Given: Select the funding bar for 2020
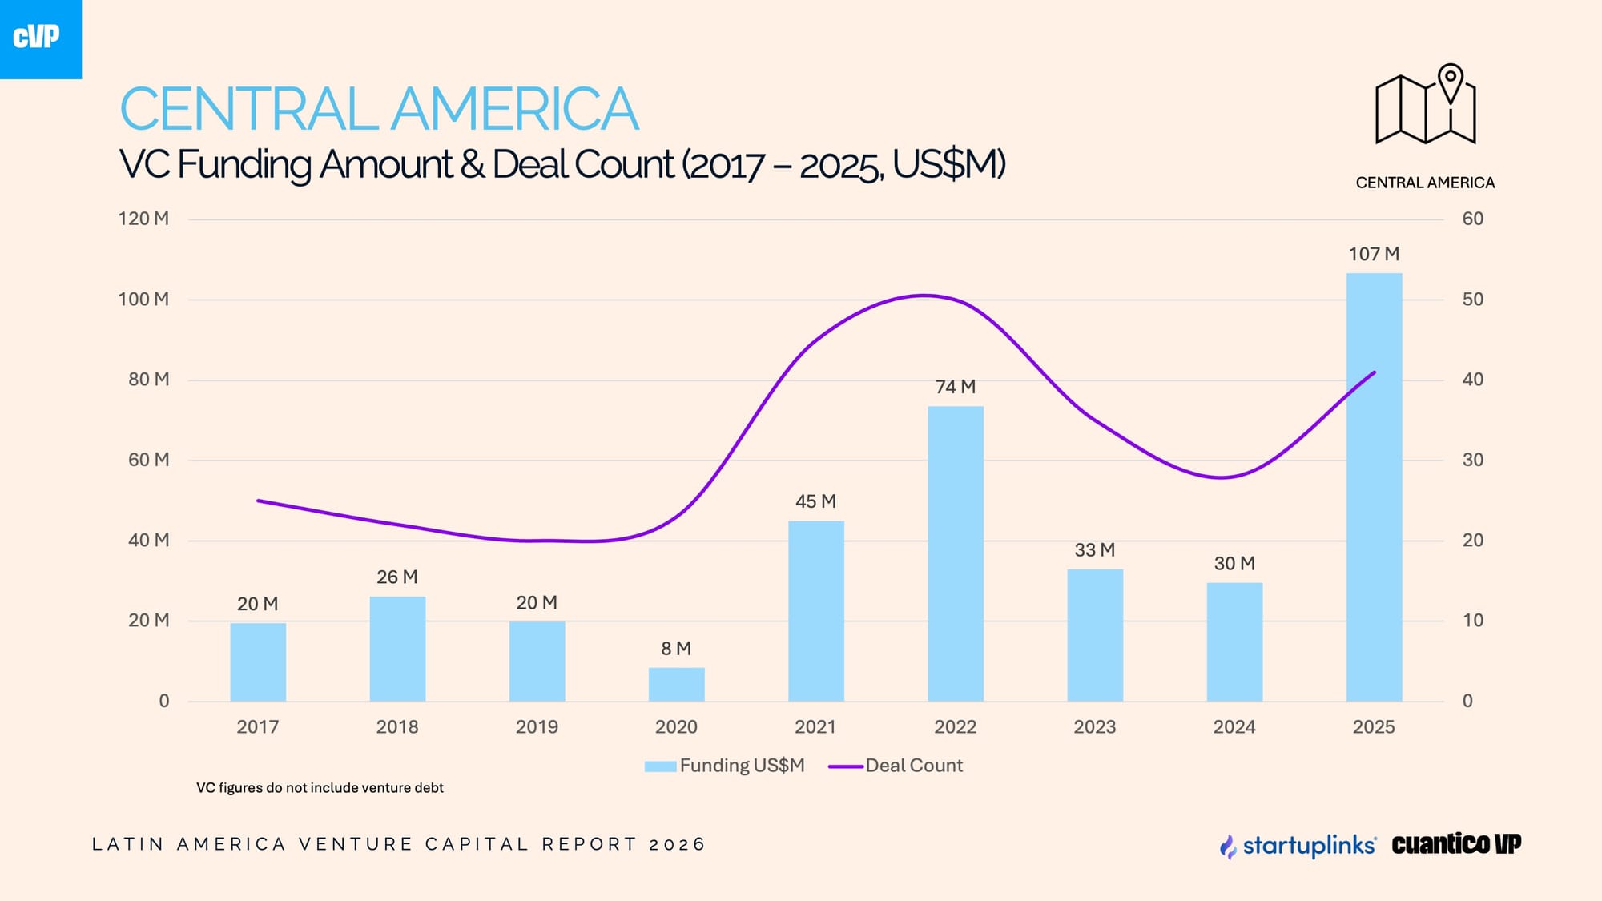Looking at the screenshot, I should click(x=676, y=685).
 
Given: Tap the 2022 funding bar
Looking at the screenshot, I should click(x=956, y=553).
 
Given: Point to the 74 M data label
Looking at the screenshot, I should click(x=956, y=387).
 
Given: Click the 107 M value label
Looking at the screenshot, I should click(x=1374, y=254).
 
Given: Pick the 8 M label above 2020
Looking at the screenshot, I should click(x=676, y=649).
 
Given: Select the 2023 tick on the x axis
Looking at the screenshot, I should click(x=1094, y=727).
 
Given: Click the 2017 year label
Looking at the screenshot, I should click(x=257, y=727).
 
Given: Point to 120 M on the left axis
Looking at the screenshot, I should click(x=143, y=219).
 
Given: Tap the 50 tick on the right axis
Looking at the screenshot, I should click(x=1472, y=300).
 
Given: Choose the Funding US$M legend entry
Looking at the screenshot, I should click(x=724, y=766).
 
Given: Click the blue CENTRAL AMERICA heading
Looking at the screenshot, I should click(x=379, y=109).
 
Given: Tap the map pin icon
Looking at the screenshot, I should click(x=1451, y=82).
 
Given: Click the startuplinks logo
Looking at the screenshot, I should click(x=1298, y=845).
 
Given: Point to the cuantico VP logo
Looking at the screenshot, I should click(x=1456, y=844).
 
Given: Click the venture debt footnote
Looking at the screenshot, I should click(x=320, y=788).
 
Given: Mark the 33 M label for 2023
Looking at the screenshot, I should click(x=1094, y=550).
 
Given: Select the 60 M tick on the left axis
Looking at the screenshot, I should click(x=148, y=460).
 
